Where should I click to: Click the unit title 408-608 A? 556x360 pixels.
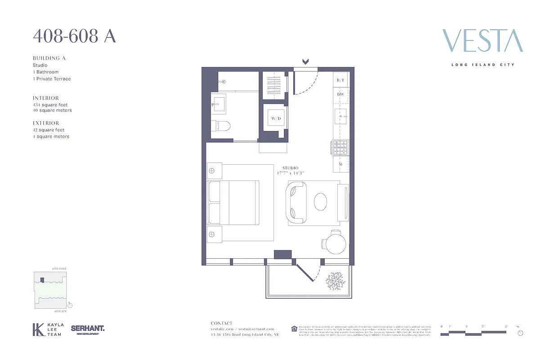click(74, 36)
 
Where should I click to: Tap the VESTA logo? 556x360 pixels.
click(482, 41)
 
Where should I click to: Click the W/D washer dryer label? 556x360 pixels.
click(276, 118)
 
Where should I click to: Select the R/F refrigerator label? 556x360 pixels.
click(341, 80)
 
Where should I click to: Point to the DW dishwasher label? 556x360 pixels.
click(341, 94)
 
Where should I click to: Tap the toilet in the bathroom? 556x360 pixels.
click(222, 128)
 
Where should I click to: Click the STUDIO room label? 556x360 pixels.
click(290, 168)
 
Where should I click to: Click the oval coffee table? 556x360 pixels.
click(321, 202)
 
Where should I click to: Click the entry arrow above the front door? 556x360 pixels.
click(305, 62)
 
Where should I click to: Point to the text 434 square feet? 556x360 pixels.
click(50, 105)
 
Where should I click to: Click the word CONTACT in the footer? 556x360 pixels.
click(222, 323)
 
